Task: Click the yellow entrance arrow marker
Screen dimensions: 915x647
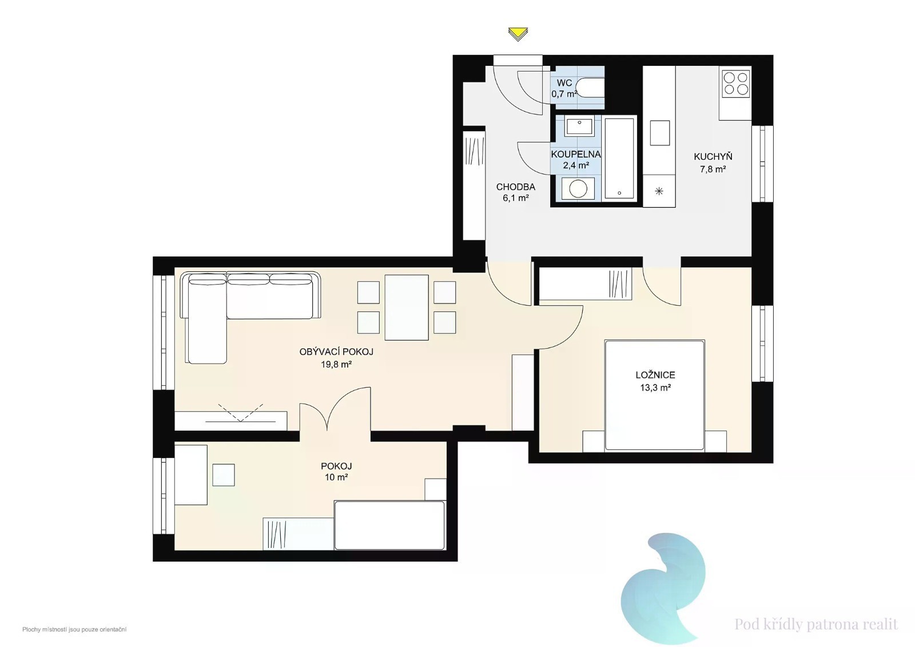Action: [x=518, y=34]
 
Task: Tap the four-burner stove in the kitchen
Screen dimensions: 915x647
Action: [x=735, y=84]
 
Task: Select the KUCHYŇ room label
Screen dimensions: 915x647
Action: [x=713, y=156]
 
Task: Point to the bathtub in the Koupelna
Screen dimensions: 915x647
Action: [x=619, y=158]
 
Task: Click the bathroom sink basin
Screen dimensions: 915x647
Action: [x=578, y=126]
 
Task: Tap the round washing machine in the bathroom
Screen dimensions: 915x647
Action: [x=578, y=189]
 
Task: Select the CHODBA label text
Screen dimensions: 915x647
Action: [x=515, y=187]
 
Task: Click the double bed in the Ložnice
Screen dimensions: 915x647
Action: [x=654, y=395]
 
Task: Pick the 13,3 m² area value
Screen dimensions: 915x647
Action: [x=655, y=388]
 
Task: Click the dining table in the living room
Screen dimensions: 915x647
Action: [x=407, y=307]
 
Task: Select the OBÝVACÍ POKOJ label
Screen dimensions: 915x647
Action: [x=336, y=352]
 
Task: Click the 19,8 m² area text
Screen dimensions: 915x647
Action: [x=336, y=364]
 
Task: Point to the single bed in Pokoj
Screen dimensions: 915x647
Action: [x=389, y=525]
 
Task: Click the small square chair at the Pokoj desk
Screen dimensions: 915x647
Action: [x=224, y=475]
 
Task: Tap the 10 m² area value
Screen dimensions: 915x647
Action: [x=336, y=478]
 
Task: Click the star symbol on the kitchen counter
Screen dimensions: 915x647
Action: [x=659, y=191]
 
